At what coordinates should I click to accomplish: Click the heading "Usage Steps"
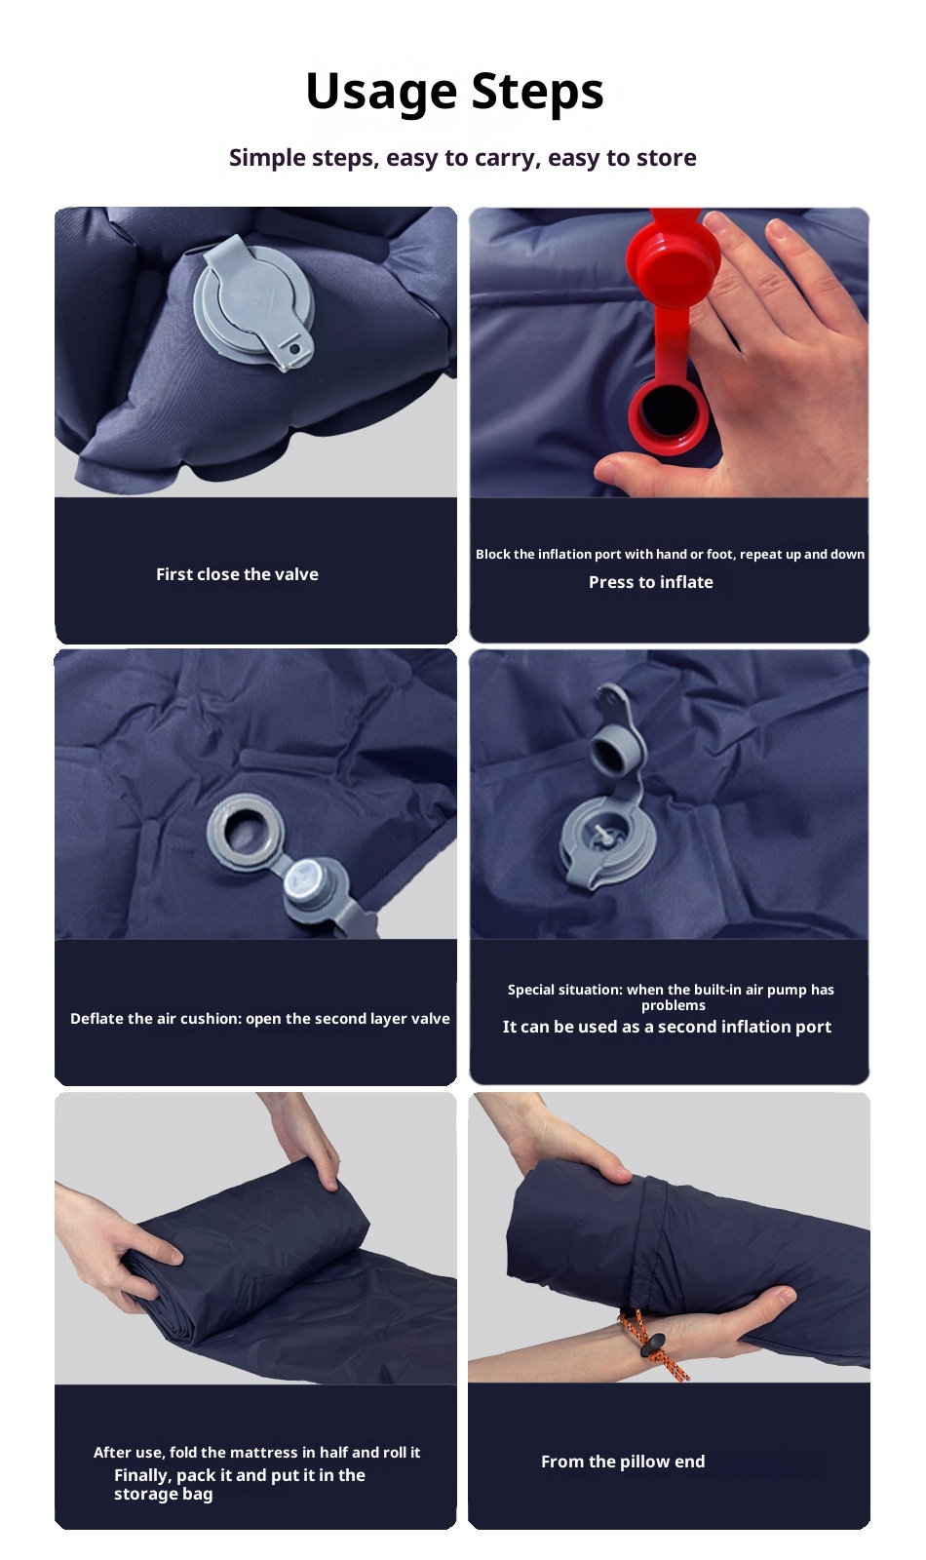[454, 92]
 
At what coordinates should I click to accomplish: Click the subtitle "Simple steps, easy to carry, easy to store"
[462, 158]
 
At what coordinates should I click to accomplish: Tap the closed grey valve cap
[253, 301]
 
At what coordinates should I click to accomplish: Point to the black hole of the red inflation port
[667, 411]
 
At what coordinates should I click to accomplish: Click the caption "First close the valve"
[238, 574]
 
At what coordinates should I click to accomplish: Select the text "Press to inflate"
[651, 582]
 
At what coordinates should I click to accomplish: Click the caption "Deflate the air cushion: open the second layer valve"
[259, 1019]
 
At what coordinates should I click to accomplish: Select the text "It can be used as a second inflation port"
[667, 1028]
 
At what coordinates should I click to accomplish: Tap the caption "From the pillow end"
[623, 1462]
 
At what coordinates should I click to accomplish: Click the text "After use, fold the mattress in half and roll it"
[257, 1452]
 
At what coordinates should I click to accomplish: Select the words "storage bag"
[164, 1495]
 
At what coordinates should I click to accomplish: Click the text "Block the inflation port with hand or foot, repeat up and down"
[670, 555]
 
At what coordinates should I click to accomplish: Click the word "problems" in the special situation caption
[674, 1005]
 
